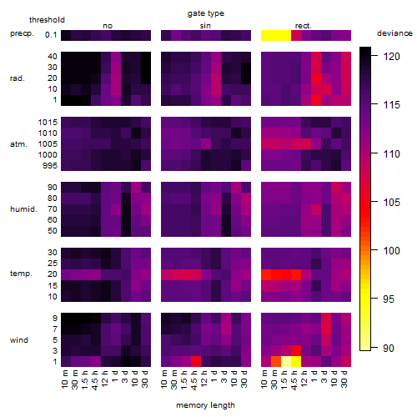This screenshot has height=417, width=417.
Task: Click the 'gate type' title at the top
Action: (x=206, y=13)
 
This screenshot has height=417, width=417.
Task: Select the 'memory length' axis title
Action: (x=205, y=405)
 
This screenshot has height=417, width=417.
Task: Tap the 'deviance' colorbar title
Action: (x=394, y=33)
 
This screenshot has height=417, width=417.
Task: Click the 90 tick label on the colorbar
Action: (x=389, y=348)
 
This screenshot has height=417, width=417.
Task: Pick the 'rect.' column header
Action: (x=304, y=26)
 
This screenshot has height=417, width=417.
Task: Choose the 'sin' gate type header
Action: (x=205, y=26)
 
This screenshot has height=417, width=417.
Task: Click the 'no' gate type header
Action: (x=108, y=26)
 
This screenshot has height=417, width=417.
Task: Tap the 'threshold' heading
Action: (x=47, y=20)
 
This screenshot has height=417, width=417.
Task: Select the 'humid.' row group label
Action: (x=23, y=209)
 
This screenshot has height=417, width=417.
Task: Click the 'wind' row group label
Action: (x=19, y=340)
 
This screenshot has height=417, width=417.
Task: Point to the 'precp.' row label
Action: (x=22, y=33)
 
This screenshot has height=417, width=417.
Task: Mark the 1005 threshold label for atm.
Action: (x=48, y=144)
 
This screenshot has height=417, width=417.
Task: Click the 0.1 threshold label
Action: (x=51, y=35)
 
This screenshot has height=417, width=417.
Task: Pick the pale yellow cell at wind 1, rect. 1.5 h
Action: (x=286, y=362)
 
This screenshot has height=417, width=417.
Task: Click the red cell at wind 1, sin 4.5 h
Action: (x=196, y=362)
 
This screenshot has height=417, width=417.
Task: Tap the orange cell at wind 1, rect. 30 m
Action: (x=276, y=362)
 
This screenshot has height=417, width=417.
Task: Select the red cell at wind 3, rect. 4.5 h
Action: (x=296, y=351)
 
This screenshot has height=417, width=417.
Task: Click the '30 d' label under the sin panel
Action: (x=244, y=379)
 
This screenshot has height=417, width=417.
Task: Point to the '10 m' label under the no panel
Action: (x=64, y=379)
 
